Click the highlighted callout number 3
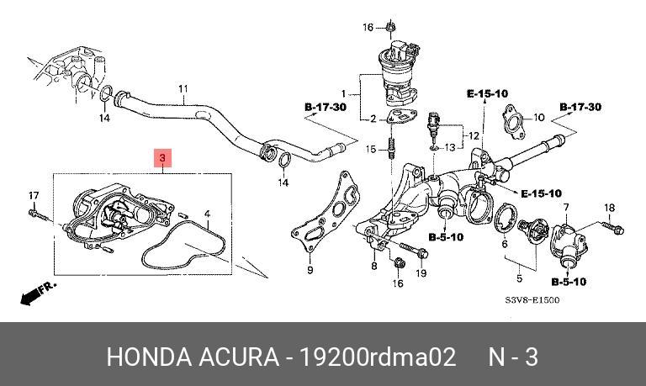(162, 158)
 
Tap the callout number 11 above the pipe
(183, 88)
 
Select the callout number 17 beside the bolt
(34, 195)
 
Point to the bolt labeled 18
(612, 228)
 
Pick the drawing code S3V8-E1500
(532, 300)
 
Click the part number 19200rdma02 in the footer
(378, 357)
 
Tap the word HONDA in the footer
(149, 357)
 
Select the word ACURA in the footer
(239, 357)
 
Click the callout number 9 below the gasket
(310, 270)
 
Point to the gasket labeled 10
(513, 122)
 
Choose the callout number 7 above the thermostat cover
(566, 207)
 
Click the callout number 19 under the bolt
(421, 272)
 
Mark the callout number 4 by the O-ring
(208, 214)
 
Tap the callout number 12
(474, 135)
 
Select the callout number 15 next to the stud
(371, 149)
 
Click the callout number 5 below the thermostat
(520, 278)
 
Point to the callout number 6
(505, 244)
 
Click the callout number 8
(373, 266)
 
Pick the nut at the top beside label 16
(390, 27)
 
